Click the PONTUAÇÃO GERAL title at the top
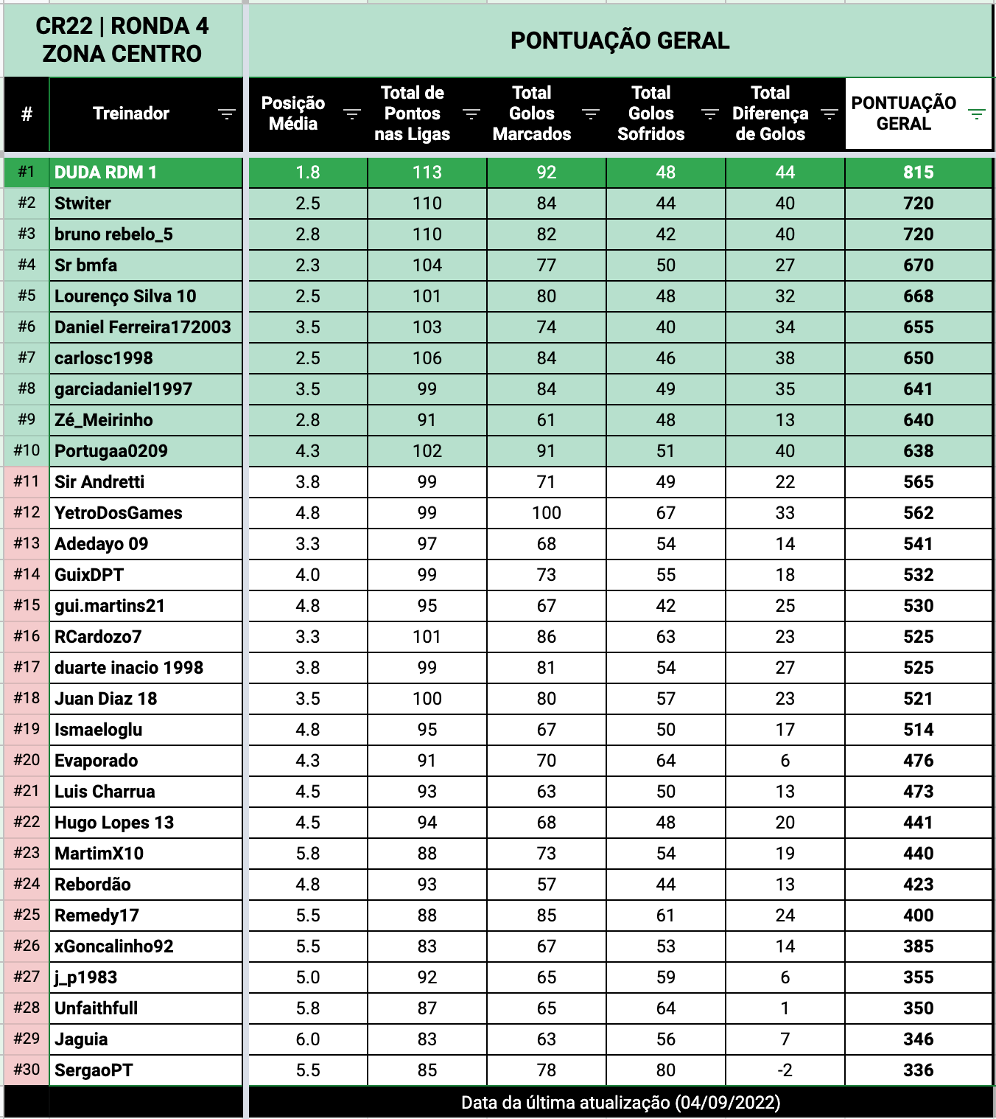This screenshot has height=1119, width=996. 620,41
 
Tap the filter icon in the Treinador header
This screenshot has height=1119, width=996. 226,114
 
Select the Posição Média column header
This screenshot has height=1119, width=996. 293,114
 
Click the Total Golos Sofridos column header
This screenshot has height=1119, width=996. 650,114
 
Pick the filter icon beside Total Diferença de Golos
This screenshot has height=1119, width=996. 829,114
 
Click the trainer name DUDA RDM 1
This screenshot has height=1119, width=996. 105,172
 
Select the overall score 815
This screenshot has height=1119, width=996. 918,172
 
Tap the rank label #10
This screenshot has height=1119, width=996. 27,450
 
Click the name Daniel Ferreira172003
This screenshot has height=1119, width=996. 142,327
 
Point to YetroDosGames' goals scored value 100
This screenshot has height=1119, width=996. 546,513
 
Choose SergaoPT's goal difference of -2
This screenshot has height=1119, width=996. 785,1070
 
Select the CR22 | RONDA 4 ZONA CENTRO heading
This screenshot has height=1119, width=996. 122,40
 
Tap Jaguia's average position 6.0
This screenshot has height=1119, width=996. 307,1039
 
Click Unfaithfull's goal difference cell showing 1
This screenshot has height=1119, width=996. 785,1008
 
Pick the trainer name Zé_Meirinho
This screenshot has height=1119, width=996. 104,420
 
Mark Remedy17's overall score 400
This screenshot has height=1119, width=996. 918,916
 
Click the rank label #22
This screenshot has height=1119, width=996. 27,822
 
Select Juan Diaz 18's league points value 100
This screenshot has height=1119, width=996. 427,699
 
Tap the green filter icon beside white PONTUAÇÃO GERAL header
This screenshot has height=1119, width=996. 976,114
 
